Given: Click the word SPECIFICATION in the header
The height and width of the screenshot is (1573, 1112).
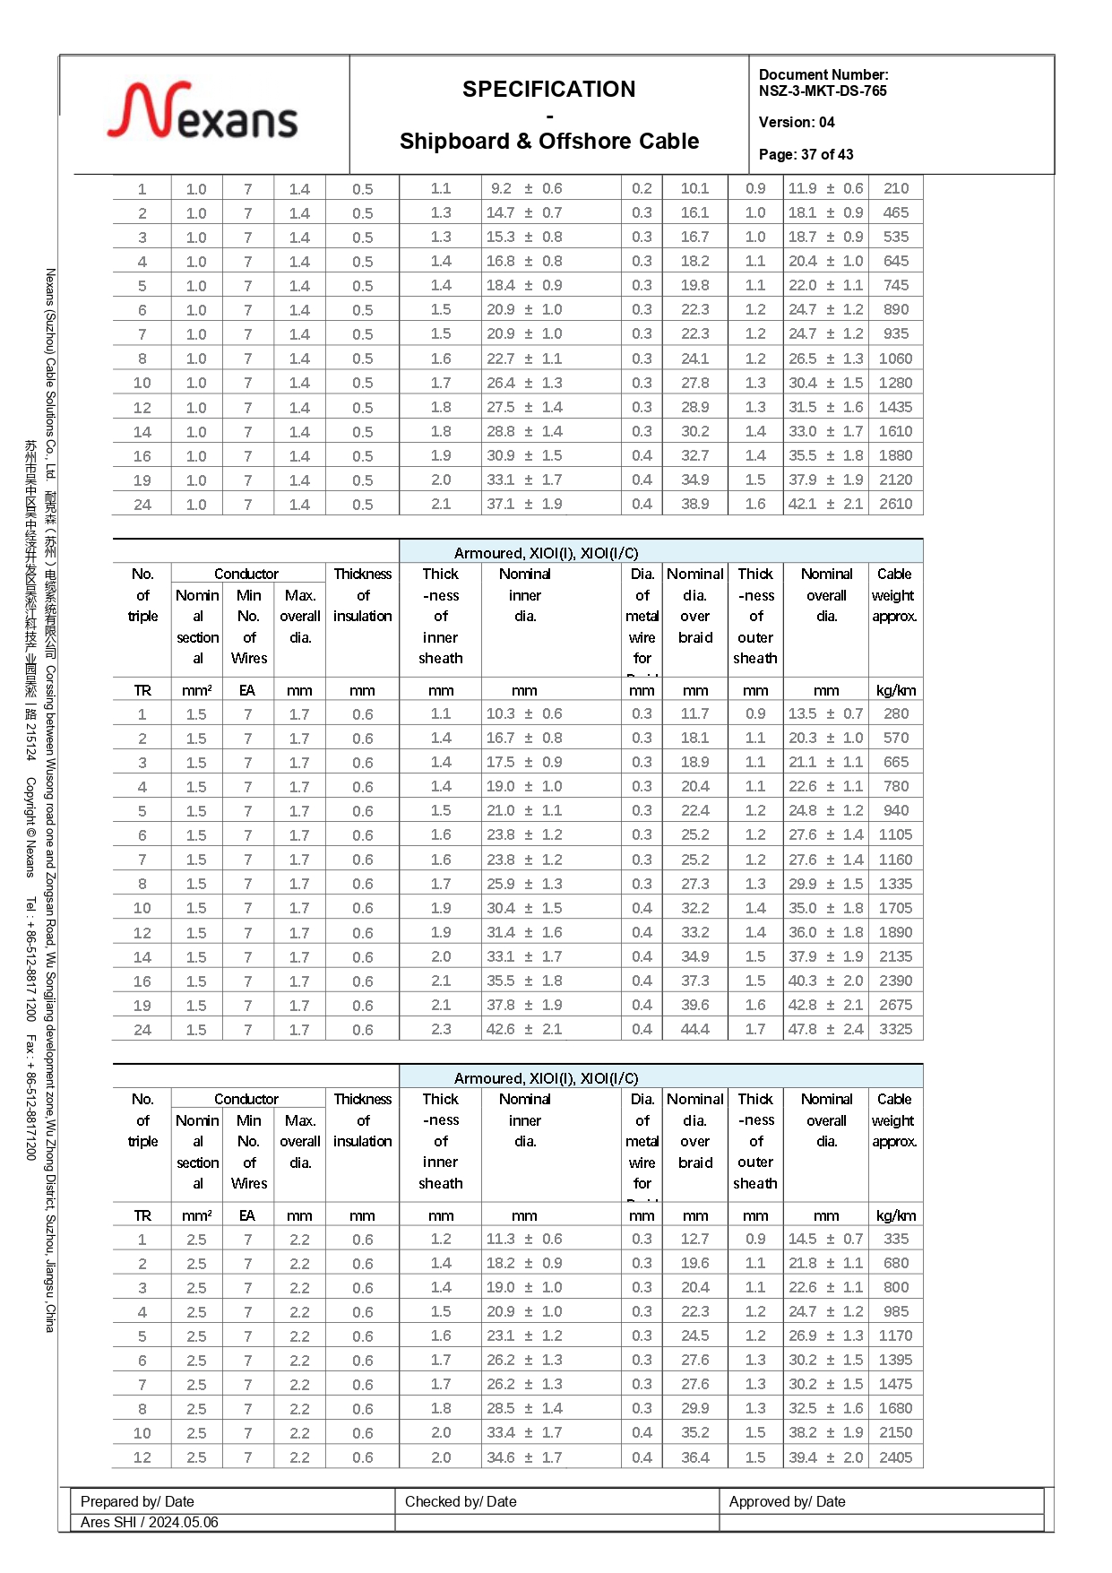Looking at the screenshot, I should click(x=548, y=90).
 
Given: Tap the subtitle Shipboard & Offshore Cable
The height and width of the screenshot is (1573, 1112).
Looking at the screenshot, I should click(x=548, y=142).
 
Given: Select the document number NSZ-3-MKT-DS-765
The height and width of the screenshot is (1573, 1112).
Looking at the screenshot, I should click(x=823, y=91).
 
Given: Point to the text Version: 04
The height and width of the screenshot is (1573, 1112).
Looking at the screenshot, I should click(x=797, y=122).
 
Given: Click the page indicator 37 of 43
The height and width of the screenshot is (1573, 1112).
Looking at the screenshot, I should click(x=806, y=154).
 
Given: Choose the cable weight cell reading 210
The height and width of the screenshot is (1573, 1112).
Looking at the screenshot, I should click(x=895, y=188).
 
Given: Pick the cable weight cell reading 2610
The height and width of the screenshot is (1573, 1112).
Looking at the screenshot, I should click(x=895, y=504).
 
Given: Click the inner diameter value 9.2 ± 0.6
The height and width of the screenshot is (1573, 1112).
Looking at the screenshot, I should click(x=526, y=188).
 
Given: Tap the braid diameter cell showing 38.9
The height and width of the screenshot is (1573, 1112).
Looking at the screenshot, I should click(x=694, y=504).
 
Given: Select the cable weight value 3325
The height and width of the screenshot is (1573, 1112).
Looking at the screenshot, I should click(x=895, y=1029).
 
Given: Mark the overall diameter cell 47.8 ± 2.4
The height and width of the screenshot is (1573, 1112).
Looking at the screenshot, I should click(x=825, y=1029).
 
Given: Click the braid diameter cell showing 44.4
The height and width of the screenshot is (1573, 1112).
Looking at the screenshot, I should click(x=694, y=1029).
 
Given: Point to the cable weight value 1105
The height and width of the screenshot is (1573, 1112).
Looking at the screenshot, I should click(x=895, y=834).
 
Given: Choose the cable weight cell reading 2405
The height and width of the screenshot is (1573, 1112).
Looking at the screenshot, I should click(x=895, y=1457).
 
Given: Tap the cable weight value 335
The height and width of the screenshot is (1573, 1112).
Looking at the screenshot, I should click(x=895, y=1239).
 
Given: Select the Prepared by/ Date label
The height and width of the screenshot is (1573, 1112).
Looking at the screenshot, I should click(x=137, y=1501).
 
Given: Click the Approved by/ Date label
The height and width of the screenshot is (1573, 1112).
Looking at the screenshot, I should click(x=787, y=1501).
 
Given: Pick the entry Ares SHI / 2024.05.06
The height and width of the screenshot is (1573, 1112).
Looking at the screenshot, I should click(x=149, y=1522).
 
